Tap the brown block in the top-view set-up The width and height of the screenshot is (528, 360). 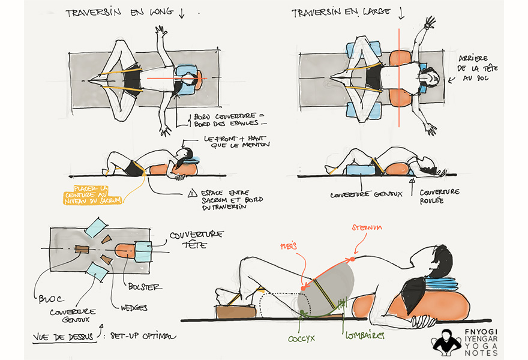pyautogui.click(x=82, y=248)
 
